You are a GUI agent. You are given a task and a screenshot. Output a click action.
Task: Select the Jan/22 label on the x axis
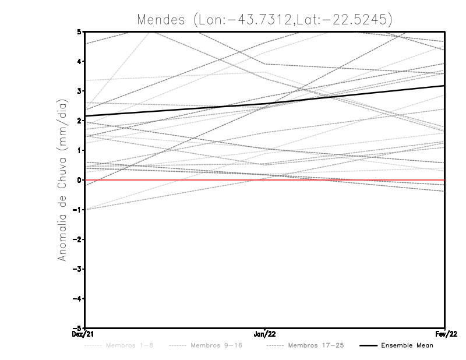pos(265,334)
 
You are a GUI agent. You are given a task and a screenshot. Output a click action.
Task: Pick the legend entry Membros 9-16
pos(216,345)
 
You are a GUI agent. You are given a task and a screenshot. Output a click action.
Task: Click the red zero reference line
pos(349,180)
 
